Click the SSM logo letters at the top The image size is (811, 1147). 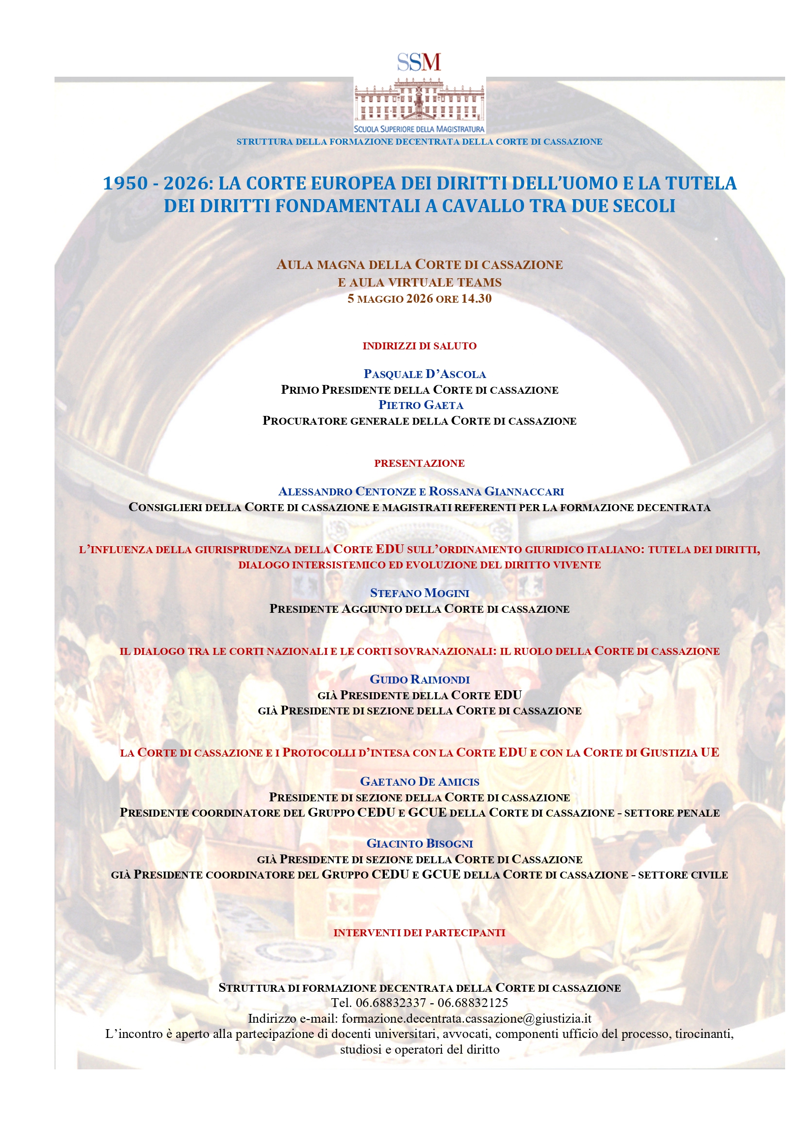(419, 62)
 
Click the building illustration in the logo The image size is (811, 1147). (419, 101)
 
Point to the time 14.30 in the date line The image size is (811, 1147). (476, 299)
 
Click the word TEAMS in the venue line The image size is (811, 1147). (480, 282)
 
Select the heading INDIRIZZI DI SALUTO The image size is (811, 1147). (419, 346)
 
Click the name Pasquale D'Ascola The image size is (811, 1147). (424, 374)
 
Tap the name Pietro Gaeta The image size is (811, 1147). (421, 405)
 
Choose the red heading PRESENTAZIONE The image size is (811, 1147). (419, 463)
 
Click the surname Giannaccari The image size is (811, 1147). (524, 492)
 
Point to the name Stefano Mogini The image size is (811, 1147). (419, 593)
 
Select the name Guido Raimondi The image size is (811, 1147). (419, 679)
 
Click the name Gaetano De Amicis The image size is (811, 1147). (419, 781)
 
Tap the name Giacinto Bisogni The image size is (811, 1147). (419, 843)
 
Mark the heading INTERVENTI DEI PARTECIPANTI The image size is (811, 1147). (419, 932)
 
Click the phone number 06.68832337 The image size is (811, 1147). (390, 1003)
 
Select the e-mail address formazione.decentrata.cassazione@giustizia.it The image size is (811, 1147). (466, 1018)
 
